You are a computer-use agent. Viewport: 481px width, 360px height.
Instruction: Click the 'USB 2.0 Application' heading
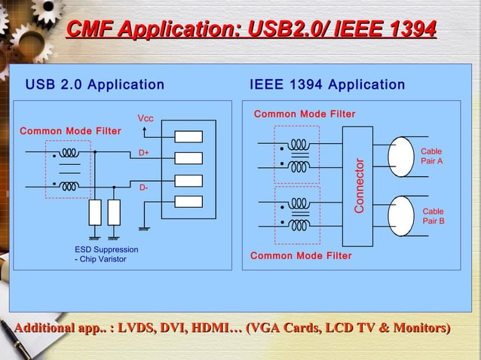[x=95, y=84]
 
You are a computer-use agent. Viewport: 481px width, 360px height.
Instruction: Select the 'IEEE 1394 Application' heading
[x=326, y=84]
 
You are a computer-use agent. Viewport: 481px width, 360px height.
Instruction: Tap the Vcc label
[x=145, y=119]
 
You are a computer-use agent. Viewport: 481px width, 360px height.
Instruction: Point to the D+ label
[x=144, y=153]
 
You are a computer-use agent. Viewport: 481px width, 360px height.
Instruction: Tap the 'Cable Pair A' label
[x=432, y=157]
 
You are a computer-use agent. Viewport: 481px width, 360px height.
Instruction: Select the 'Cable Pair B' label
[x=434, y=216]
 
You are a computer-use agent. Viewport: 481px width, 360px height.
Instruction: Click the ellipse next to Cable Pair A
[x=400, y=157]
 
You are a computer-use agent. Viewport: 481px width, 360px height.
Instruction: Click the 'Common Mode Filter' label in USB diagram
[x=70, y=131]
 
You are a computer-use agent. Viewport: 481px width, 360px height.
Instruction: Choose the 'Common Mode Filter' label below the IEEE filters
[x=301, y=256]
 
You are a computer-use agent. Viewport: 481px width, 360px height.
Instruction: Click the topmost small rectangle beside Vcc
[x=188, y=137]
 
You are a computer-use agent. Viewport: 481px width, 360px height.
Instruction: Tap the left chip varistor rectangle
[x=95, y=213]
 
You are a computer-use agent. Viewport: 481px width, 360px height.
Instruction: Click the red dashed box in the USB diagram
[x=68, y=169]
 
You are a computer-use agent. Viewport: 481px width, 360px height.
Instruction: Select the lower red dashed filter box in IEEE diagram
[x=296, y=215]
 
